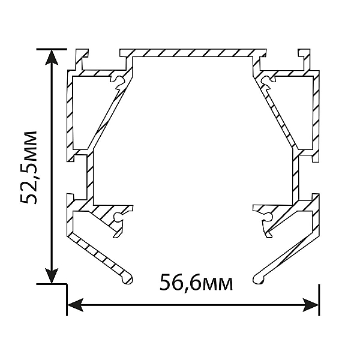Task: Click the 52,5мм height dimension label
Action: click(28, 167)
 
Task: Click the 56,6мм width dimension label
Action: click(196, 282)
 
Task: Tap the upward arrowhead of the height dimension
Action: click(52, 58)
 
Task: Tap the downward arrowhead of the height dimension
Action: click(52, 275)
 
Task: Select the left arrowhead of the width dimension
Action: click(75, 305)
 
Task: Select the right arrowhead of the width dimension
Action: click(310, 305)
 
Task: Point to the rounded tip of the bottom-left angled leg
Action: click(127, 279)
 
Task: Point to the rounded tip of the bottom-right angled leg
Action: click(258, 279)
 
